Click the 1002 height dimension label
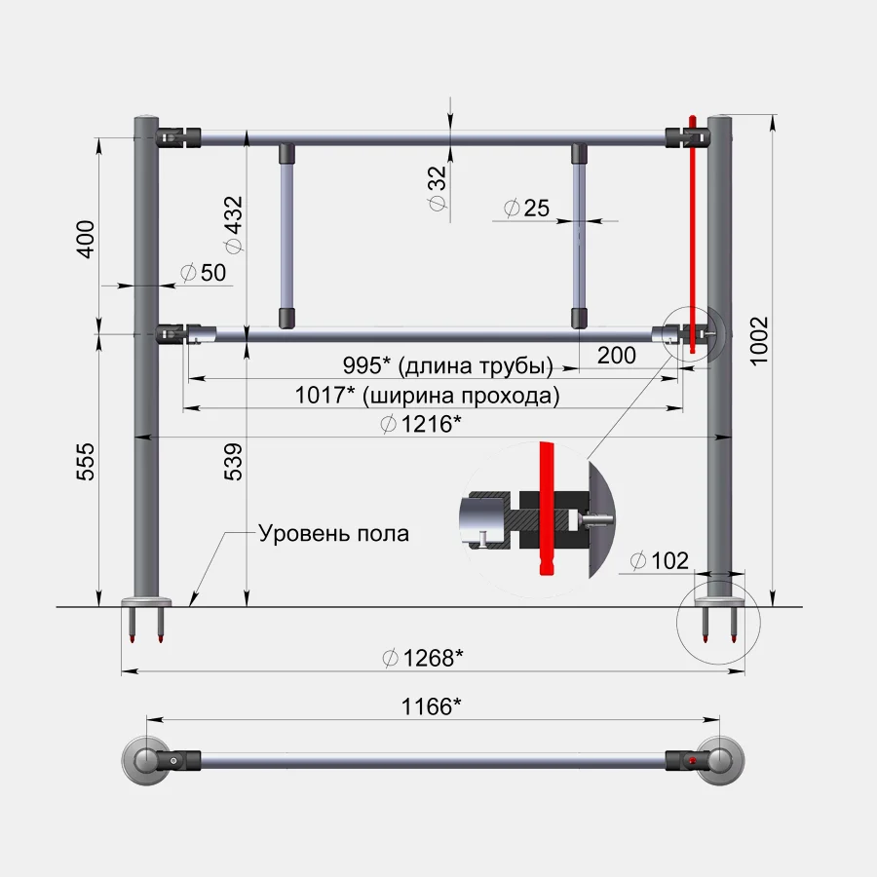[x=759, y=341]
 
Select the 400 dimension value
[x=86, y=240]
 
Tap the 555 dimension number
[x=86, y=462]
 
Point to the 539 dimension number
[x=234, y=462]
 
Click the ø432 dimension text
[x=233, y=224]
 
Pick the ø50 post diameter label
[x=203, y=273]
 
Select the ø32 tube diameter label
[x=438, y=188]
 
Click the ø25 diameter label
[x=526, y=209]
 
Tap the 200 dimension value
[x=617, y=355]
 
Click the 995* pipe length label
[x=448, y=365]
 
